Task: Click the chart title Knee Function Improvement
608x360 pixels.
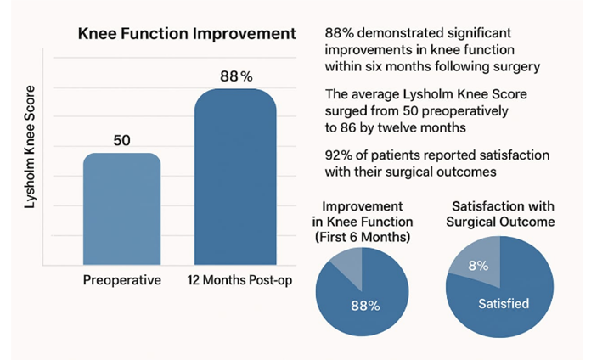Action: pos(187,34)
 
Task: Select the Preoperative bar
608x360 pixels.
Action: pos(121,209)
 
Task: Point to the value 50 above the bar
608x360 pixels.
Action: pos(121,140)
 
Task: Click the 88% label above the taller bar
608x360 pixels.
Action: pos(235,76)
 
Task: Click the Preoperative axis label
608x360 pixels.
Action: pos(121,281)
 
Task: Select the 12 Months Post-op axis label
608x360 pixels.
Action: pos(235,281)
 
